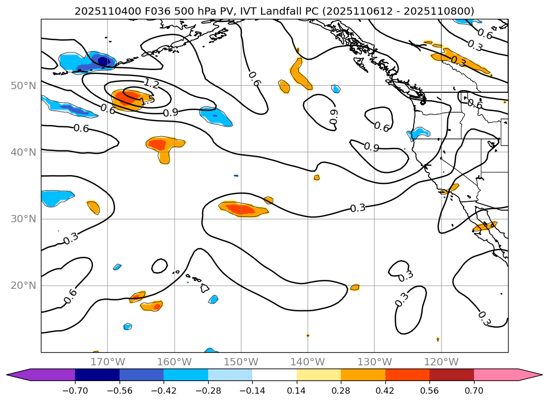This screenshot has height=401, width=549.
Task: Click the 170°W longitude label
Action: tap(107, 362)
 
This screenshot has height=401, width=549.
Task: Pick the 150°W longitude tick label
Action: tap(241, 362)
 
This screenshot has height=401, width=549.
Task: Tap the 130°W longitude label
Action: tap(374, 362)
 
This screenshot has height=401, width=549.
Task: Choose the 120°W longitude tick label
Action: tap(441, 362)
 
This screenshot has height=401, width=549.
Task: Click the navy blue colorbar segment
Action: tap(97, 375)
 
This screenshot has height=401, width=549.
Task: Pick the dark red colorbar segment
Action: tap(451, 375)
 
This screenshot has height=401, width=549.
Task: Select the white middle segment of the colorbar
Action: tap(274, 375)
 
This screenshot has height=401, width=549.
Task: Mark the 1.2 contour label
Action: tap(151, 84)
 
